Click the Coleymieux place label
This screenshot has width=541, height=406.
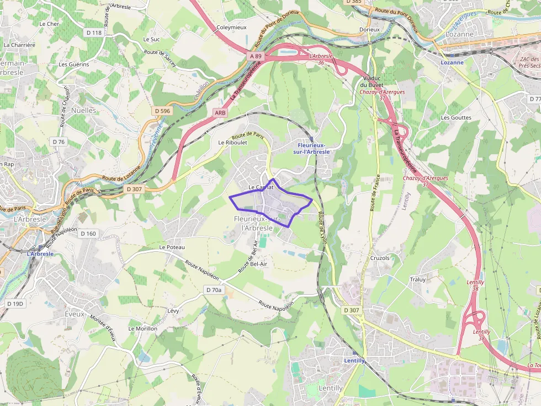click(x=231, y=27)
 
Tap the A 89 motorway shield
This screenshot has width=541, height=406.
click(x=256, y=56)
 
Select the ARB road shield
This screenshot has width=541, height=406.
click(x=220, y=112)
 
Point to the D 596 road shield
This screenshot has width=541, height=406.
click(x=162, y=111)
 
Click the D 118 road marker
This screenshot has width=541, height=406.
click(x=94, y=33)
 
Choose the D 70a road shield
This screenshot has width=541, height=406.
click(x=214, y=290)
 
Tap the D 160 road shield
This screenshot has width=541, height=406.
click(x=88, y=234)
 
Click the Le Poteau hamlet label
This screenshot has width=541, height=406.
click(x=172, y=247)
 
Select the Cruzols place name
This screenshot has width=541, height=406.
click(x=379, y=258)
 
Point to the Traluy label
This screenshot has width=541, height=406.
click(x=417, y=279)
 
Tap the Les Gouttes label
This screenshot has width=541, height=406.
click(x=456, y=117)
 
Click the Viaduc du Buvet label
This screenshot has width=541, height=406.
click(x=372, y=81)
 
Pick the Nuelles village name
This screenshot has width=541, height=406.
click(x=83, y=110)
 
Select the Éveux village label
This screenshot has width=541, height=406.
click(x=75, y=314)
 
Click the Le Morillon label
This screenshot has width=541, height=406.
click(x=142, y=328)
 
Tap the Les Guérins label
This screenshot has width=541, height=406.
click(x=74, y=64)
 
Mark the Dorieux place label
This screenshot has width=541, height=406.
click(x=369, y=29)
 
